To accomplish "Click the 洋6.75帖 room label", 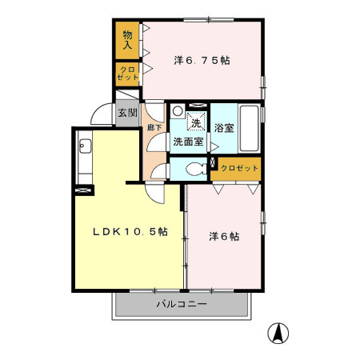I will point(202,60).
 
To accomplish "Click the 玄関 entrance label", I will point(128,113).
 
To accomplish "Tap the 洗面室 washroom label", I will point(188,142).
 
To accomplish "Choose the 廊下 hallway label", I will point(152,126).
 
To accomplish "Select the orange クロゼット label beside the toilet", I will point(239,167).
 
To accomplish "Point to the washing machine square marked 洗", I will point(196,122).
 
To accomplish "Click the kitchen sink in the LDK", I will point(85,146).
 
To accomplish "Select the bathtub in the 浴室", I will point(248,129).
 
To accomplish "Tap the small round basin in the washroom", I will point(177,111).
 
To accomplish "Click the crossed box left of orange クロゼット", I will point(213,163).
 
